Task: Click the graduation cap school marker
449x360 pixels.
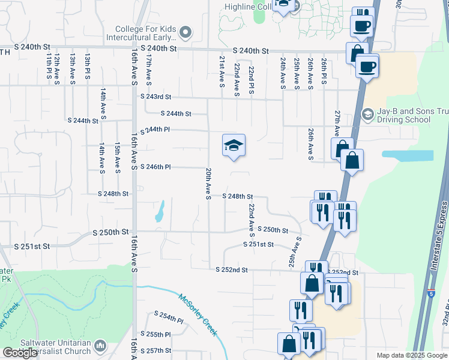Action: tap(234, 145)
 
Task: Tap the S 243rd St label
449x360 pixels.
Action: tap(156, 97)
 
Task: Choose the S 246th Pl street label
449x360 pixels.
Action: tap(157, 167)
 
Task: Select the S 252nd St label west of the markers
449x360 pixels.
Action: tap(232, 270)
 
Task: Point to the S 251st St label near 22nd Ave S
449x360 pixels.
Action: tap(258, 244)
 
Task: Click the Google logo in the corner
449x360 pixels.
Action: tap(20, 353)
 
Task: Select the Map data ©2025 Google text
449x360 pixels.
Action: tap(412, 355)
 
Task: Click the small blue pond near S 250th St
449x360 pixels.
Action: tap(160, 211)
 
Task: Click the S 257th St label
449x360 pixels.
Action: tap(156, 350)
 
